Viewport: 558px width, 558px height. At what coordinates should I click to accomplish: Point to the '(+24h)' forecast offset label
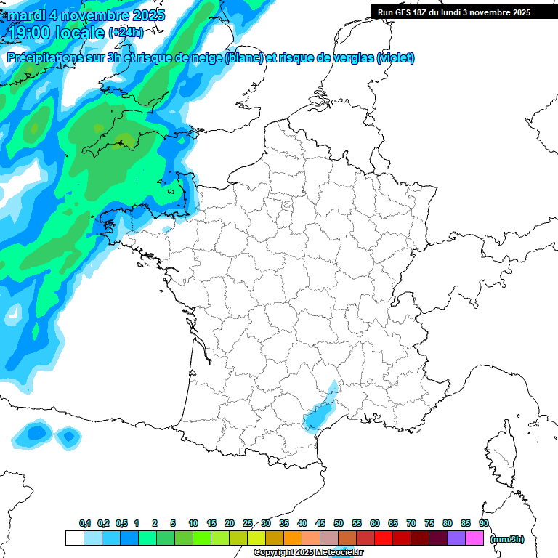pyautogui.click(x=126, y=33)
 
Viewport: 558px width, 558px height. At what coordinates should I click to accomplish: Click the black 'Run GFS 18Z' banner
pyautogui.click(x=454, y=12)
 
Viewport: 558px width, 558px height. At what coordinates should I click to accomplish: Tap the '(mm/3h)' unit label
pyautogui.click(x=507, y=538)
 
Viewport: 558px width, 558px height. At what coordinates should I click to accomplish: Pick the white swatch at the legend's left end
pyautogui.click(x=74, y=538)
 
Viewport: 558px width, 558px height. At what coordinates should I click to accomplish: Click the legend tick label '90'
pyautogui.click(x=483, y=524)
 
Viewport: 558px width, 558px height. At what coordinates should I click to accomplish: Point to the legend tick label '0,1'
pyautogui.click(x=85, y=524)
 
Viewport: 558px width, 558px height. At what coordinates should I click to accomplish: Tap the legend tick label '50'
pyautogui.click(x=339, y=524)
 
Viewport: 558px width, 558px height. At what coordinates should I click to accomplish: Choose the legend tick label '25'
pyautogui.click(x=248, y=524)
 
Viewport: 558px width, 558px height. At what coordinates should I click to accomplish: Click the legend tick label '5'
pyautogui.click(x=173, y=524)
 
